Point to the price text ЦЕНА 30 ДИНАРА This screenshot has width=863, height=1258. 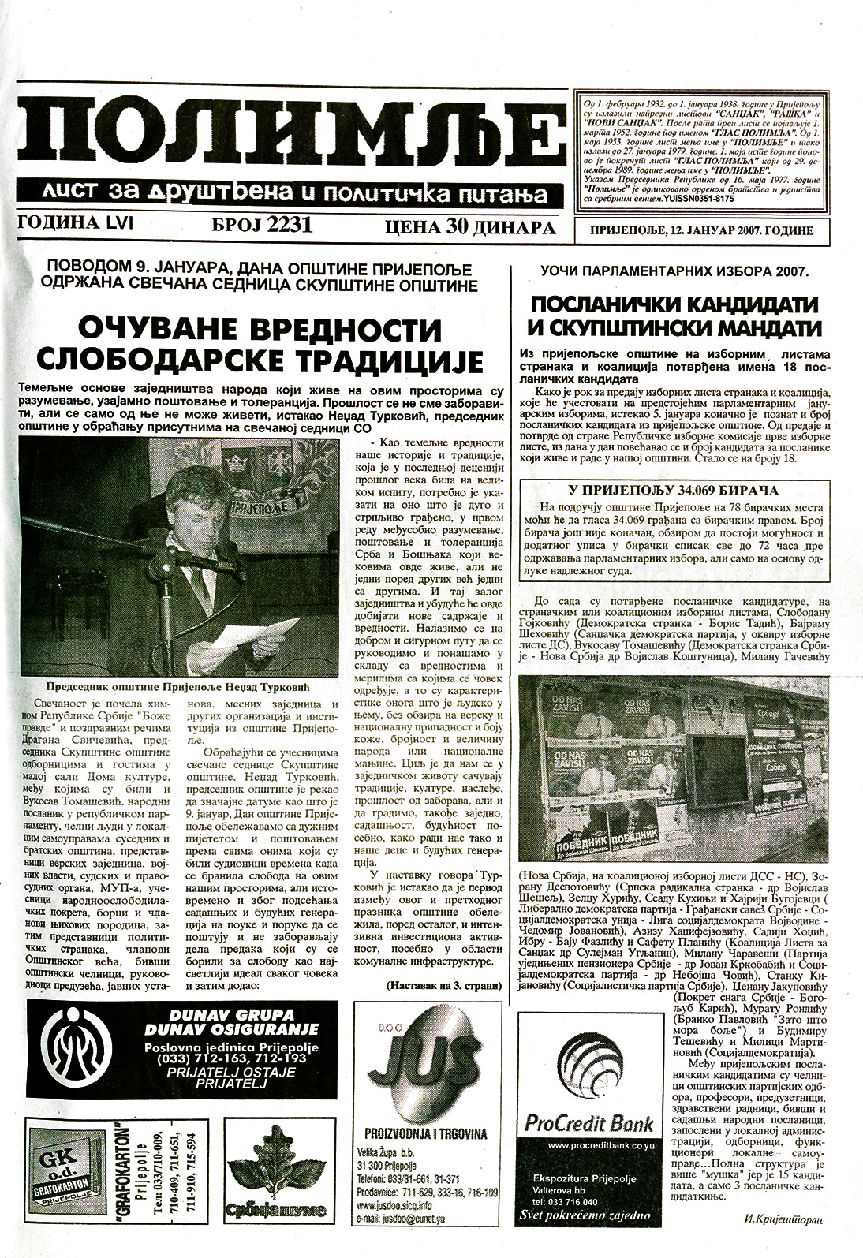click(x=470, y=228)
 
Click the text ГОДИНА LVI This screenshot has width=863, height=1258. click(x=76, y=225)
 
